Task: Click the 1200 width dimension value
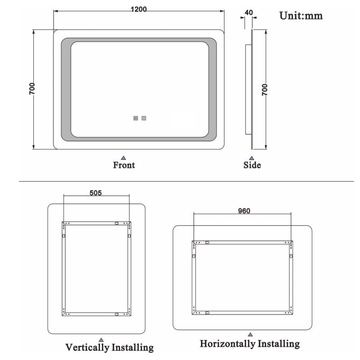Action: click(x=139, y=9)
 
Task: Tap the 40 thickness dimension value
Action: click(x=249, y=13)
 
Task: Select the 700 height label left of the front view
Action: click(x=32, y=89)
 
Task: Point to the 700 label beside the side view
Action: click(x=265, y=90)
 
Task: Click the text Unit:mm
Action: click(x=301, y=16)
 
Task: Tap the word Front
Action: click(x=124, y=165)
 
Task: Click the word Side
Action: click(x=252, y=165)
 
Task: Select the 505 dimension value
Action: click(x=95, y=193)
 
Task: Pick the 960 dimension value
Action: click(x=244, y=211)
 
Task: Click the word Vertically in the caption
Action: click(x=87, y=347)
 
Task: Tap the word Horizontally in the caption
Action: click(x=228, y=344)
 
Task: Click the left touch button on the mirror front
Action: click(x=136, y=118)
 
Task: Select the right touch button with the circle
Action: click(x=144, y=118)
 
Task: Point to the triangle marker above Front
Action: click(x=123, y=158)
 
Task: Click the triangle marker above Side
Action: click(x=252, y=158)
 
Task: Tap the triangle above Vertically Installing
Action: click(x=101, y=340)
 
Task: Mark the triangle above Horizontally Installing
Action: click(x=250, y=334)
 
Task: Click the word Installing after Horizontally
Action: click(x=279, y=344)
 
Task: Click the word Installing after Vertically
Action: click(x=132, y=347)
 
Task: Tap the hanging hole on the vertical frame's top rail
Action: click(x=117, y=223)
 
